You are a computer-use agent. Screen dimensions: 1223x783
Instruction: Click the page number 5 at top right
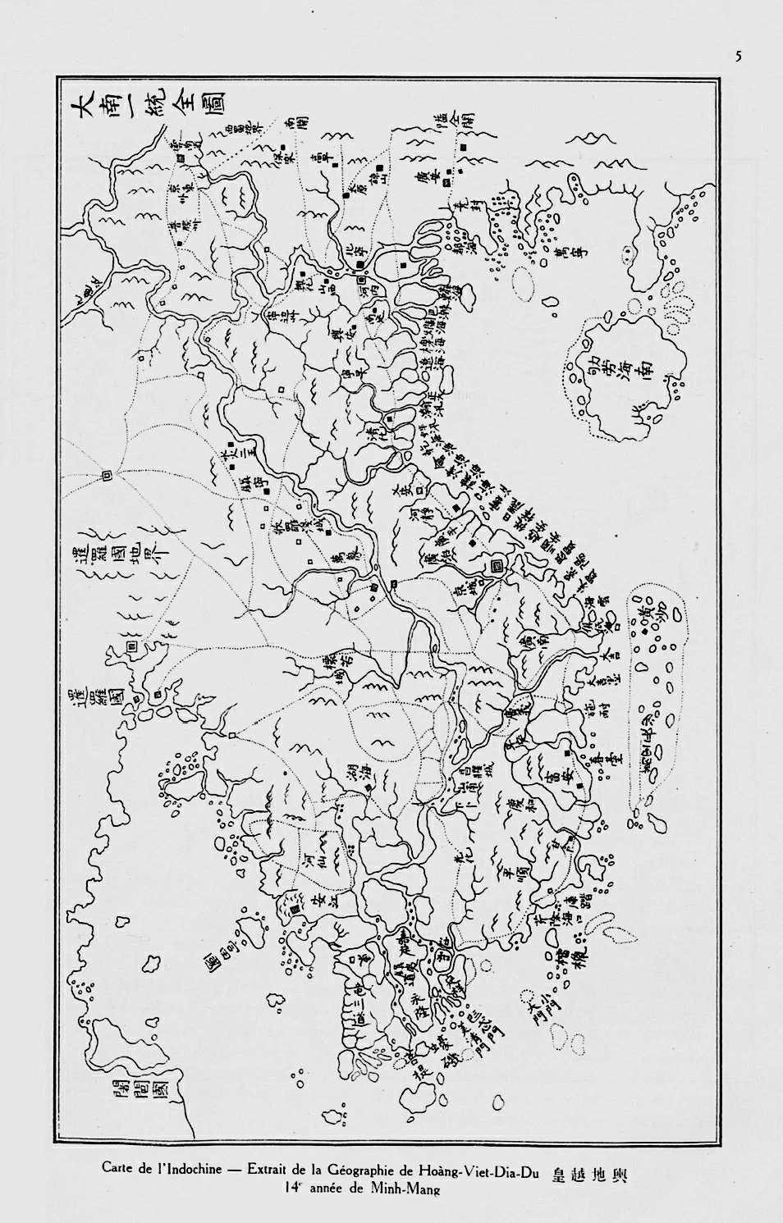click(738, 57)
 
